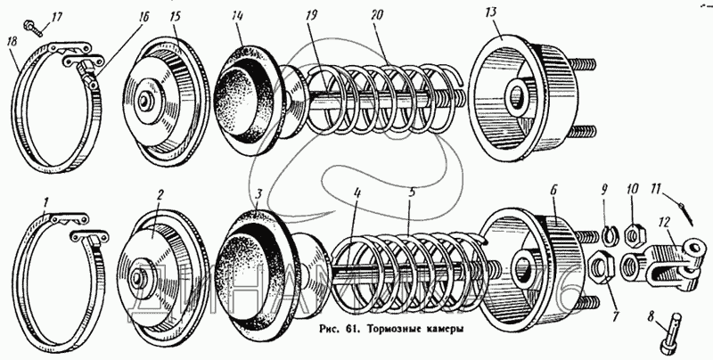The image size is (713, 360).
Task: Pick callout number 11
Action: pos(655,188)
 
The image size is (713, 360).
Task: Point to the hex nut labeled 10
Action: pos(633,234)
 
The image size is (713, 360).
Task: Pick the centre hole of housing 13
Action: pos(515,96)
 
